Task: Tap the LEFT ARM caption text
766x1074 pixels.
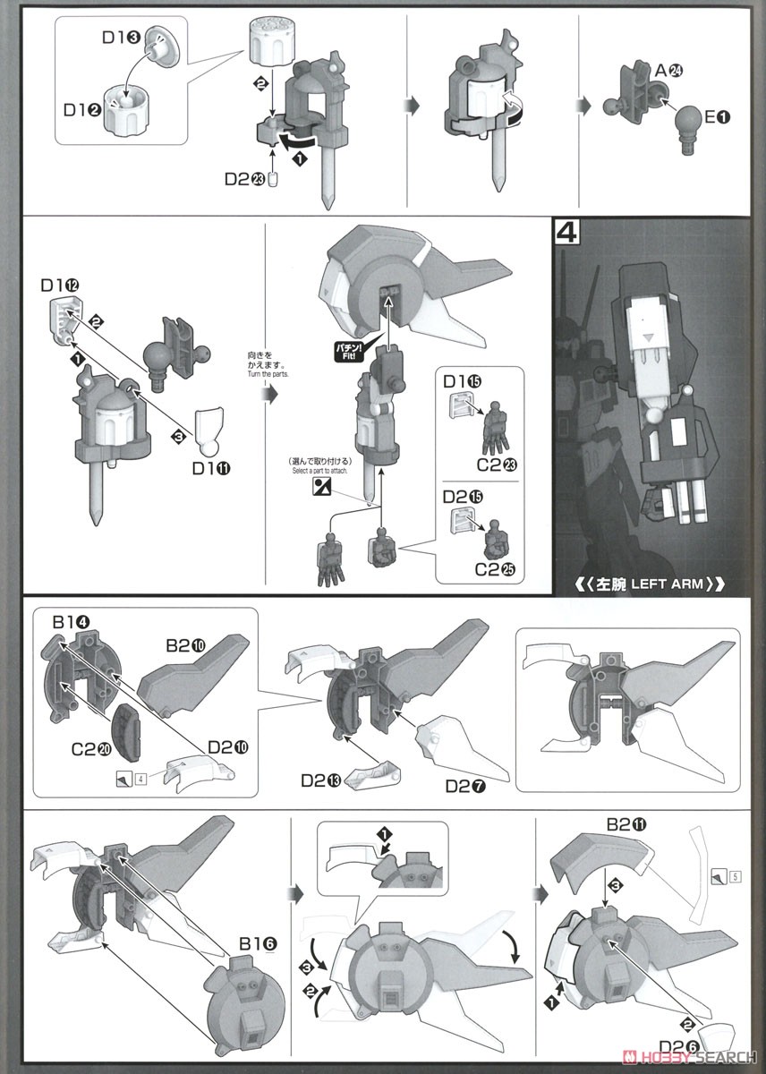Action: (x=650, y=584)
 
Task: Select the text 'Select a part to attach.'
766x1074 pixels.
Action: (x=318, y=471)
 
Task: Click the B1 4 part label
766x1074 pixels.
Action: (x=68, y=622)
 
